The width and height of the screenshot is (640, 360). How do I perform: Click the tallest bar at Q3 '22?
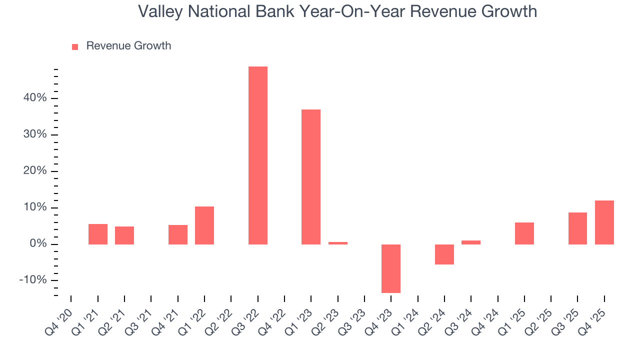click(x=258, y=155)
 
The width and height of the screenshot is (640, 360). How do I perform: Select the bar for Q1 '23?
click(x=311, y=176)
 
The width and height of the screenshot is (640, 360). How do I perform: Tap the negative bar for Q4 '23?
click(x=391, y=268)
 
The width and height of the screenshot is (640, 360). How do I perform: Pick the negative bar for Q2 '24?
click(x=444, y=254)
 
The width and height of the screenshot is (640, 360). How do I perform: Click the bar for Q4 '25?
click(x=604, y=222)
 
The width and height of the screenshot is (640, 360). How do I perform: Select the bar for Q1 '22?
click(x=204, y=225)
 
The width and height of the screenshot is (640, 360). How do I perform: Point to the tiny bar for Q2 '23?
click(x=338, y=243)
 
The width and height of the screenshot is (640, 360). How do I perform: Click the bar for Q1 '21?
click(x=98, y=234)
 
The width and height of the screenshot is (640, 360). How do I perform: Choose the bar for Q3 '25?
click(x=577, y=228)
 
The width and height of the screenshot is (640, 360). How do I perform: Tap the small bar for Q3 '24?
click(x=471, y=242)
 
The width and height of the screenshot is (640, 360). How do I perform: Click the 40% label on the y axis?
click(x=35, y=98)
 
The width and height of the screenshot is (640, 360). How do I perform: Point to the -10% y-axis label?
click(x=33, y=280)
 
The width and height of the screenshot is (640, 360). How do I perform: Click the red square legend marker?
click(x=75, y=47)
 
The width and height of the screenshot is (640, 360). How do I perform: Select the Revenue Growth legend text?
click(x=128, y=46)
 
